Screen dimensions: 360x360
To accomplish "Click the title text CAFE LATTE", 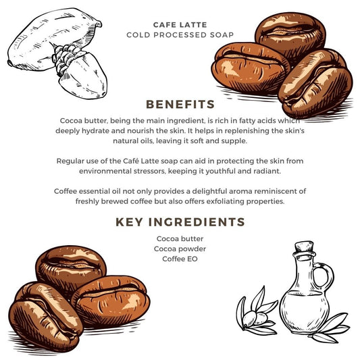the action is pos(180,25).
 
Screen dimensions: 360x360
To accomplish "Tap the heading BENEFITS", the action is pos(180,104).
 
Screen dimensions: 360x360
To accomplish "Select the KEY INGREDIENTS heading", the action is pos(180,222).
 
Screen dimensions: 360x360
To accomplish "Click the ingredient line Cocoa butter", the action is pos(180,239).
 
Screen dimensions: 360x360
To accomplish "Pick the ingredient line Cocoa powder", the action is pos(180,249).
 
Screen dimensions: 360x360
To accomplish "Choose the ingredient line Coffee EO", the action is pos(180,259).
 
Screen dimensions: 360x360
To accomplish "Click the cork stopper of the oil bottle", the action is pos(304,247).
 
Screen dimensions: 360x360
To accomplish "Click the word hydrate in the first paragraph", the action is pos(97,131).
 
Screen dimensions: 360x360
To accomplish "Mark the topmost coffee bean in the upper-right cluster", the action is pos(290,34).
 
